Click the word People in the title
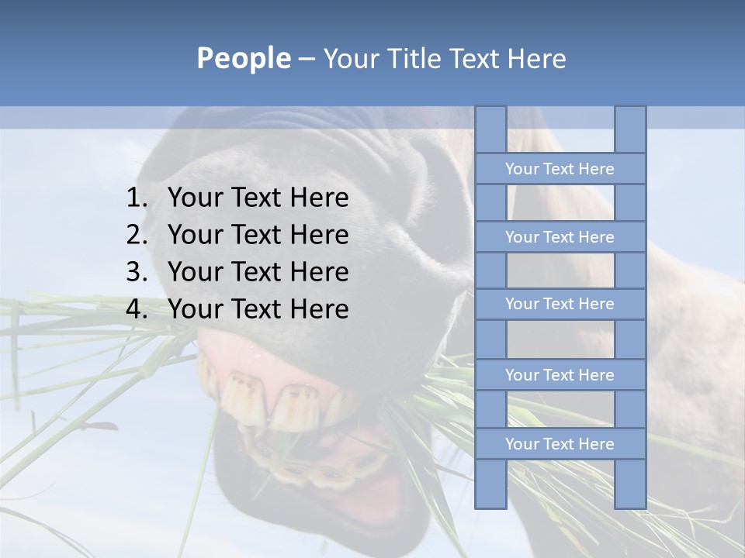(x=243, y=59)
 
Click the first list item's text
(x=258, y=198)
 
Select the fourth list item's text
(x=258, y=309)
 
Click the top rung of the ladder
(x=560, y=169)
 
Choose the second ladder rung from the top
(x=560, y=237)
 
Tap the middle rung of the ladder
(x=560, y=304)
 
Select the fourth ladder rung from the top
(x=560, y=375)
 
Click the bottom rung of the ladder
(x=560, y=444)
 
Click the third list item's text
(x=258, y=272)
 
